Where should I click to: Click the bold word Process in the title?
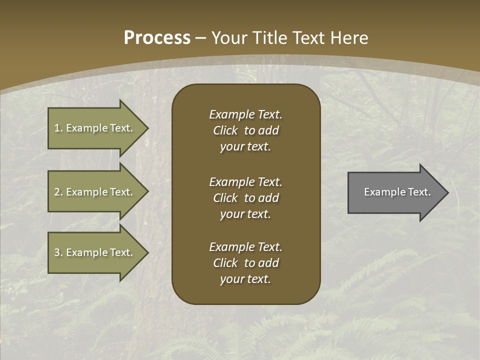(x=157, y=37)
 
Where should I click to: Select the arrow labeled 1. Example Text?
(x=95, y=128)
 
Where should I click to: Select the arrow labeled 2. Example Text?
(x=95, y=192)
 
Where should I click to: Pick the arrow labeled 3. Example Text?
(x=95, y=252)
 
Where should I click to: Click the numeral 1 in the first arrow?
(x=57, y=128)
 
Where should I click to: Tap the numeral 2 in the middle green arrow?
(x=57, y=192)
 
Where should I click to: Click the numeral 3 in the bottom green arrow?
(x=57, y=252)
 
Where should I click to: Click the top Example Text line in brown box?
(x=245, y=114)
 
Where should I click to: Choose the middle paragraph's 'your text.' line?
(x=245, y=214)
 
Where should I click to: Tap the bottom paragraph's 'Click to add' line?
(x=245, y=263)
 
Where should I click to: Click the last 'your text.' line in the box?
(x=245, y=279)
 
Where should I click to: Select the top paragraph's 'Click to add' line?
(x=245, y=130)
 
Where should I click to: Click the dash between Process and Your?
(x=200, y=38)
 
